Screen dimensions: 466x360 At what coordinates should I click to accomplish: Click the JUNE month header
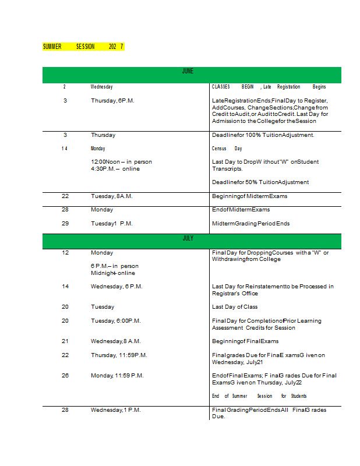188,71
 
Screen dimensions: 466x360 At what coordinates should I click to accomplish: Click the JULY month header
188,238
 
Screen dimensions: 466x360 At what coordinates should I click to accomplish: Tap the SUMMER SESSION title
83,47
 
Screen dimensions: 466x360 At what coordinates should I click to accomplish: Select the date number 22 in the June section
65,196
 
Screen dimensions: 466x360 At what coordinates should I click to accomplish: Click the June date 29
65,224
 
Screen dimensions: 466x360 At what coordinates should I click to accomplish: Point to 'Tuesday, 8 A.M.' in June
112,196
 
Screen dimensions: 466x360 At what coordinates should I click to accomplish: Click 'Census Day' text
227,149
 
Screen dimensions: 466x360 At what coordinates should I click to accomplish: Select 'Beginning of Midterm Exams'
249,196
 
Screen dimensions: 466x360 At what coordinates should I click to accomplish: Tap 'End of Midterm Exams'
241,210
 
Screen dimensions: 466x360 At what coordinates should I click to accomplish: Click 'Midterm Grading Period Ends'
250,224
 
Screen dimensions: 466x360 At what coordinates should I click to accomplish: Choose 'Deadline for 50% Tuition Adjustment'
260,182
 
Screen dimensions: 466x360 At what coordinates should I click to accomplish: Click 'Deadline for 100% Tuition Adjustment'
263,135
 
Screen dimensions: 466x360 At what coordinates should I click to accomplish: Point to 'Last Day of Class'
235,307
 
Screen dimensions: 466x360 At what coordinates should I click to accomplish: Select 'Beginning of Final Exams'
245,341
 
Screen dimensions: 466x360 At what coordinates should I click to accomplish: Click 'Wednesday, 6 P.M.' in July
117,287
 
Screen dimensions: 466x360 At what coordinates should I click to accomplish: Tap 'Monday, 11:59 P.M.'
117,376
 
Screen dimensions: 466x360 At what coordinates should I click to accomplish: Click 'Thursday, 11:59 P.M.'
119,355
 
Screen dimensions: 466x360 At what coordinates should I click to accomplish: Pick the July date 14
65,287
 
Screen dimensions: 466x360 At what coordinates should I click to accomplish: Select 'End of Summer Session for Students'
259,396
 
